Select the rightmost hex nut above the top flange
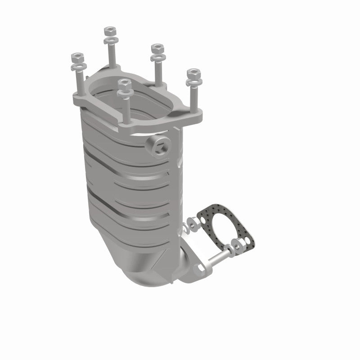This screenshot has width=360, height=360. tap(193, 73)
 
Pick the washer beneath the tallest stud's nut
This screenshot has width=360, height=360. tap(109, 41)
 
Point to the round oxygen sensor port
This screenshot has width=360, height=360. tap(158, 146)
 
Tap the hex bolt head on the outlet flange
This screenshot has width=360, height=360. tap(198, 270)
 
